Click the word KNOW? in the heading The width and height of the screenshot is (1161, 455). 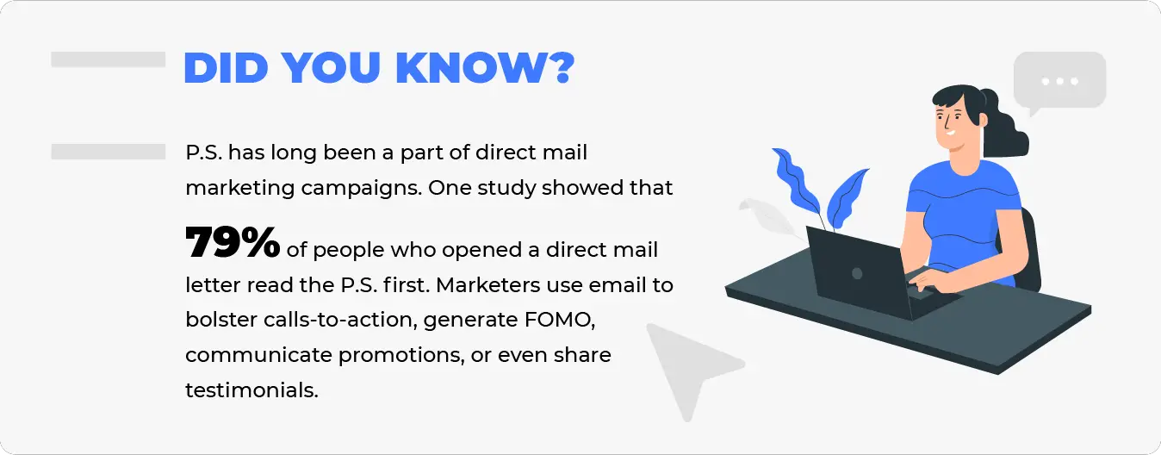point(485,67)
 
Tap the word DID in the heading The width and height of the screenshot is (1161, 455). point(226,67)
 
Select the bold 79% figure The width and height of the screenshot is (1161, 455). point(233,242)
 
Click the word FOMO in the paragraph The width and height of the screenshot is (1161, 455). point(559,320)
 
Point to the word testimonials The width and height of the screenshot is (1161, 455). point(251,390)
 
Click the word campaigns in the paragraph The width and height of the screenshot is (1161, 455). point(361,189)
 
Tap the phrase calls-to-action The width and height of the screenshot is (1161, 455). point(340,320)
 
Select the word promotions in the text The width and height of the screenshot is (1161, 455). point(400,356)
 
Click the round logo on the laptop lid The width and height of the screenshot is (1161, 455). point(857,273)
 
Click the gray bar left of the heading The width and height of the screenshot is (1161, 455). point(108,59)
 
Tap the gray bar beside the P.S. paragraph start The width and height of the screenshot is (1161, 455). point(108,152)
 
